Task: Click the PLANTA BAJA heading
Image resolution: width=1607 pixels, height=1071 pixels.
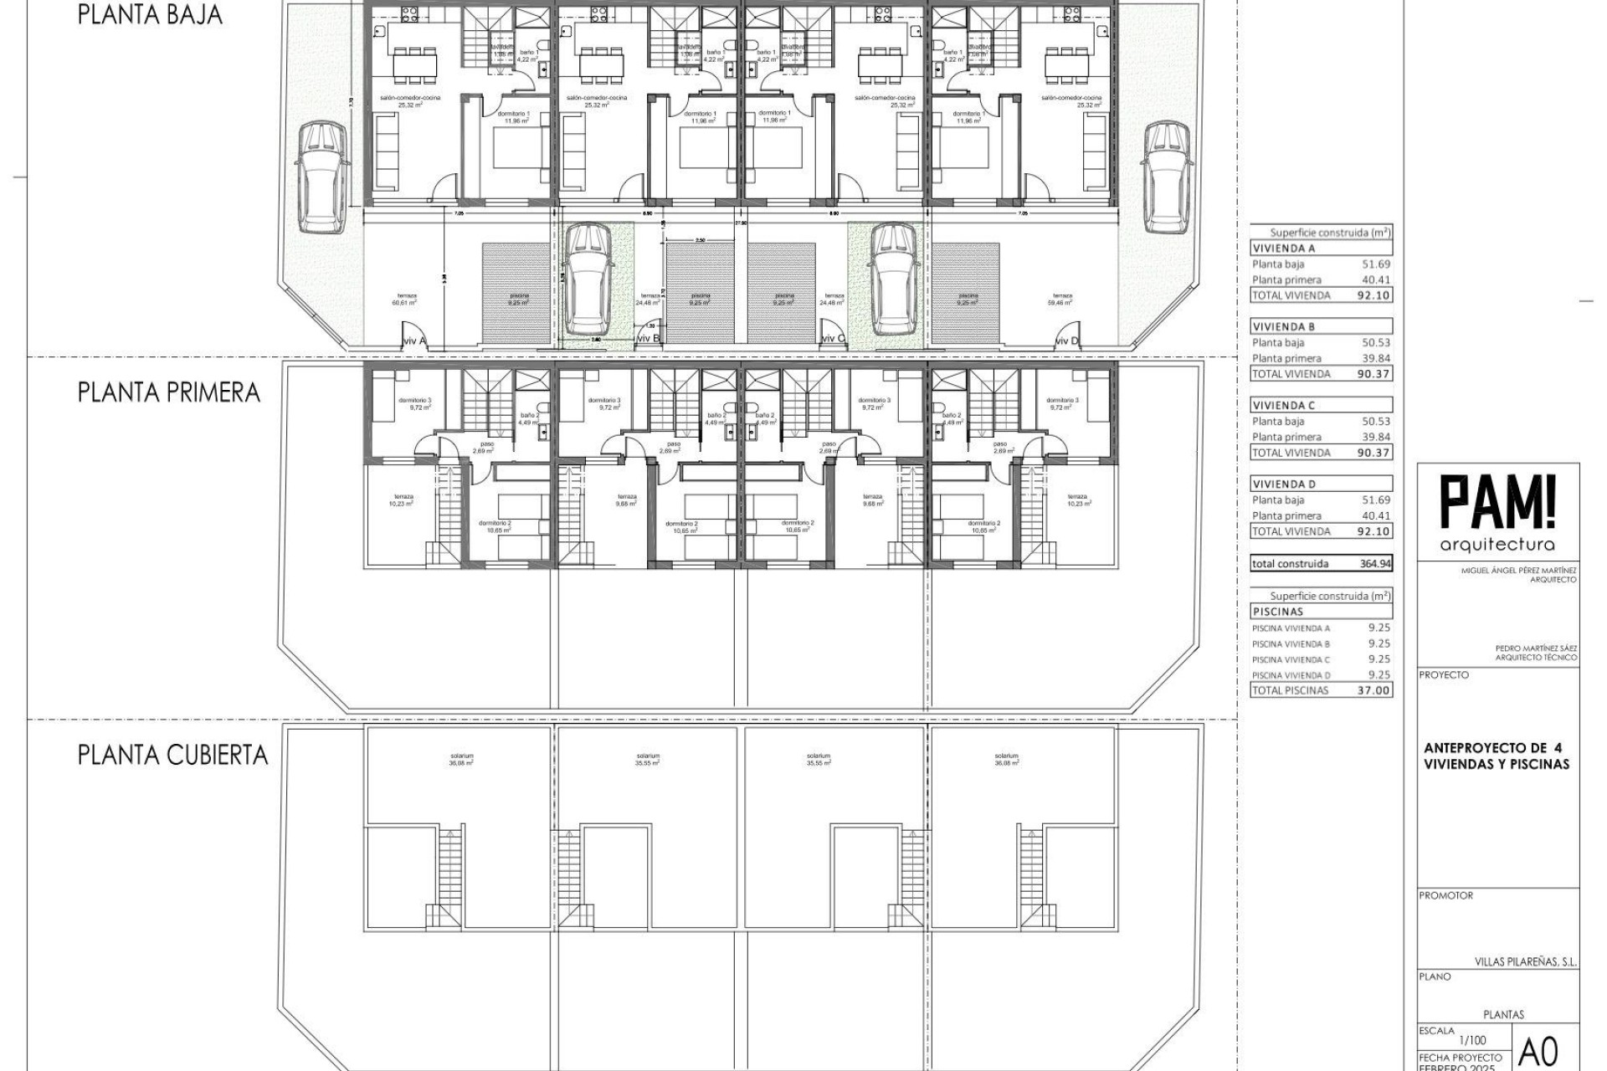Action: [x=150, y=15]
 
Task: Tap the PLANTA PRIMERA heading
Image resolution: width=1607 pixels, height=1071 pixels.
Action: [x=168, y=392]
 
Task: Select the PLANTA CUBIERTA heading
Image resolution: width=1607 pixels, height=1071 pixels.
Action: [x=172, y=755]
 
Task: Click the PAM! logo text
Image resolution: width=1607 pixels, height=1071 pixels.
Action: [x=1497, y=502]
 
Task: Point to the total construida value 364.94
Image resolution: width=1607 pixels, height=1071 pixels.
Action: [x=1375, y=564]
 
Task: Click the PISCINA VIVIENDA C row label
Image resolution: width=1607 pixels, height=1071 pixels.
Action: [x=1291, y=659]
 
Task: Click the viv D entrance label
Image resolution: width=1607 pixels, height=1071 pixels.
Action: [x=1066, y=341]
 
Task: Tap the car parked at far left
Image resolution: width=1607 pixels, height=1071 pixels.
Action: [x=321, y=177]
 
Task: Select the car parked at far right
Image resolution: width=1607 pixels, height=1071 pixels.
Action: [x=1168, y=177]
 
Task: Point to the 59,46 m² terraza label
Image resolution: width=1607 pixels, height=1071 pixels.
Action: [x=1062, y=300]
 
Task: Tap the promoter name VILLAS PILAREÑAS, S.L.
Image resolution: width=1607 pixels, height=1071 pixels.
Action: [x=1525, y=962]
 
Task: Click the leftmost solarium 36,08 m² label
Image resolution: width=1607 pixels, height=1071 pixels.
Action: [x=461, y=760]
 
